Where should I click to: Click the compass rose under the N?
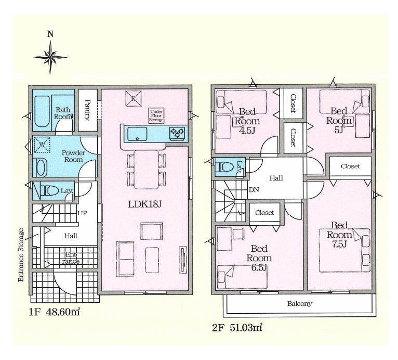tap(50, 57)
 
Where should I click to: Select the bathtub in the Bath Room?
tap(42, 111)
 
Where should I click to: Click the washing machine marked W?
tap(42, 145)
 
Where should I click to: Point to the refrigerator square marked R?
tap(133, 98)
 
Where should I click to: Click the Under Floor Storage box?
tap(156, 116)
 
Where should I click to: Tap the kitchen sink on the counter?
tap(137, 134)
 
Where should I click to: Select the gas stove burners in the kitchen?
tap(177, 133)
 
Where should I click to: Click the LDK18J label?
tap(144, 204)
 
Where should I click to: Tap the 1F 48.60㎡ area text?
tap(55, 312)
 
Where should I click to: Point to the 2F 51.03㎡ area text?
tap(237, 328)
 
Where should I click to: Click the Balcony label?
tap(299, 303)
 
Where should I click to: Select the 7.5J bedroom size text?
tap(339, 244)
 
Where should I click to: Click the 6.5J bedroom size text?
tap(259, 267)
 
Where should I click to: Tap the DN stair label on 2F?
tap(254, 189)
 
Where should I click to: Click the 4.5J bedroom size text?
tap(247, 131)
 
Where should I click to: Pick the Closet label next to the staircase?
tap(264, 212)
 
